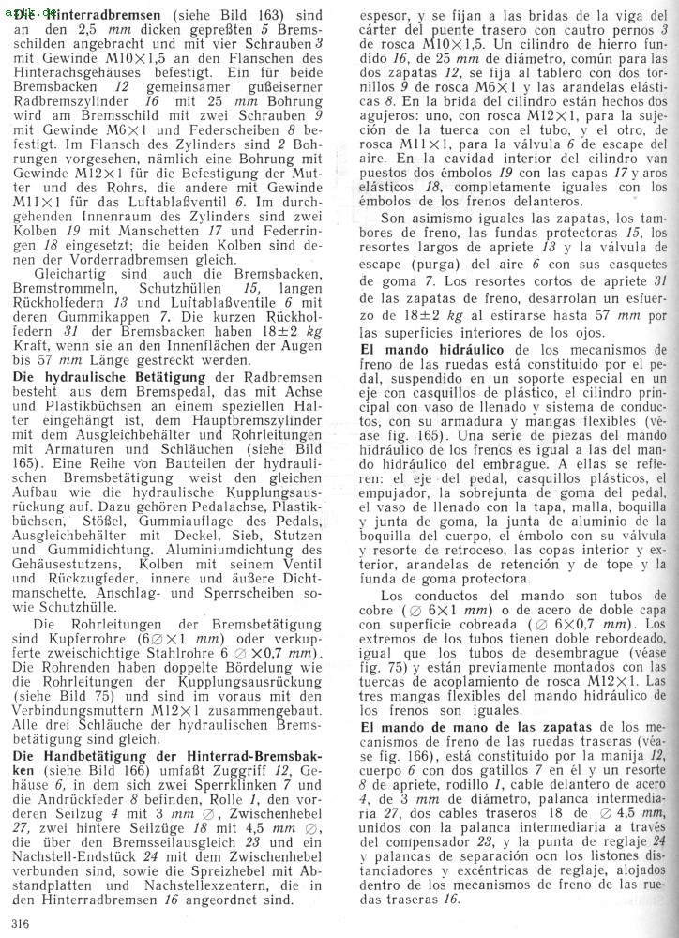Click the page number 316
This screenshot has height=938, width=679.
(x=20, y=922)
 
